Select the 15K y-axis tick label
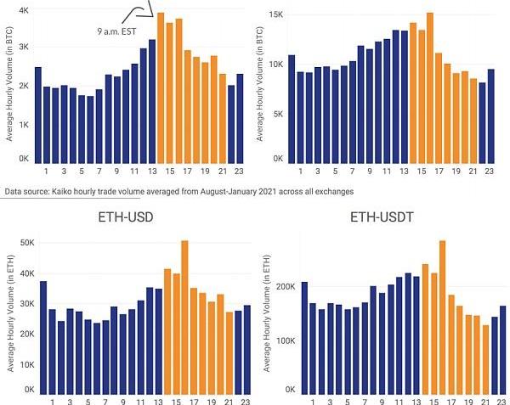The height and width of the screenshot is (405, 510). pos(277,15)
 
